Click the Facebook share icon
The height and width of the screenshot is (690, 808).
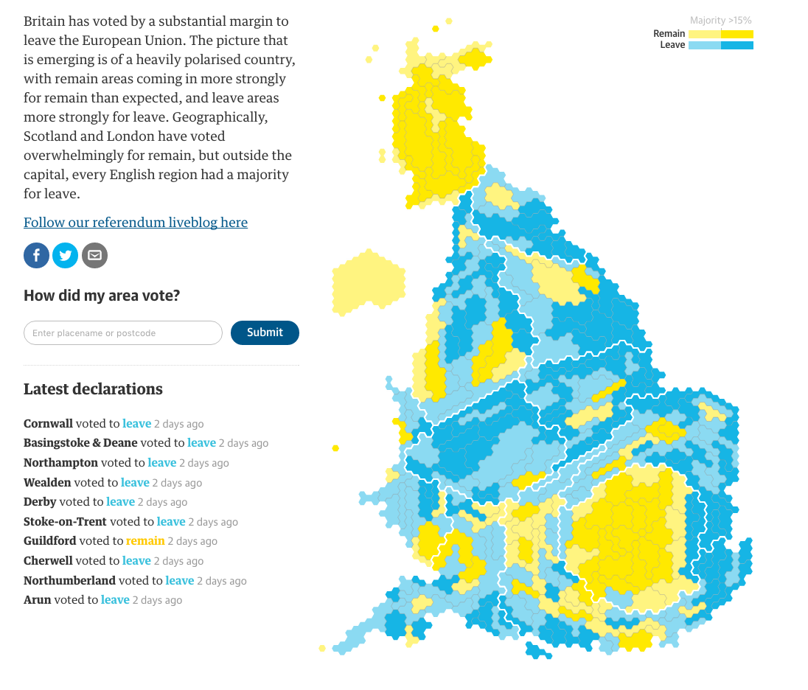(37, 255)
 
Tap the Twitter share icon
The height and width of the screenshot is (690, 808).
(66, 255)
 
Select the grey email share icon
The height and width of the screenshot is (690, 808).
(94, 255)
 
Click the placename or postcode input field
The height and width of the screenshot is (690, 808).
(123, 332)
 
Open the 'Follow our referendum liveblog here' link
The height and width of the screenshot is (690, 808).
(136, 223)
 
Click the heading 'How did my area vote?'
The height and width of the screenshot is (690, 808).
(102, 296)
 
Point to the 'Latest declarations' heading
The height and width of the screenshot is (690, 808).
(93, 389)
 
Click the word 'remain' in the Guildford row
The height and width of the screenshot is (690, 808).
(145, 541)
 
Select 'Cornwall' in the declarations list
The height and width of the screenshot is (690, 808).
(48, 424)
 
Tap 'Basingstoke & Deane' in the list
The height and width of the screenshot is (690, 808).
(80, 443)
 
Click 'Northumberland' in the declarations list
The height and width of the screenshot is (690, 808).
(69, 581)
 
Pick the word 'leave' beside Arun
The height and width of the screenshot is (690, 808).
(115, 600)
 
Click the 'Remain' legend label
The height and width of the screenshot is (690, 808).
(669, 34)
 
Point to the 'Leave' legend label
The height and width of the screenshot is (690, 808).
(672, 45)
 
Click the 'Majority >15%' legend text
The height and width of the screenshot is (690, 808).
(720, 21)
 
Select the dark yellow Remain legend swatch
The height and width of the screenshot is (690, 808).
(737, 34)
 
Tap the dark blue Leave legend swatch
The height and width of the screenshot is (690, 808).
(737, 45)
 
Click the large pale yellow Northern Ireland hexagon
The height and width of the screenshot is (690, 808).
(369, 283)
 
